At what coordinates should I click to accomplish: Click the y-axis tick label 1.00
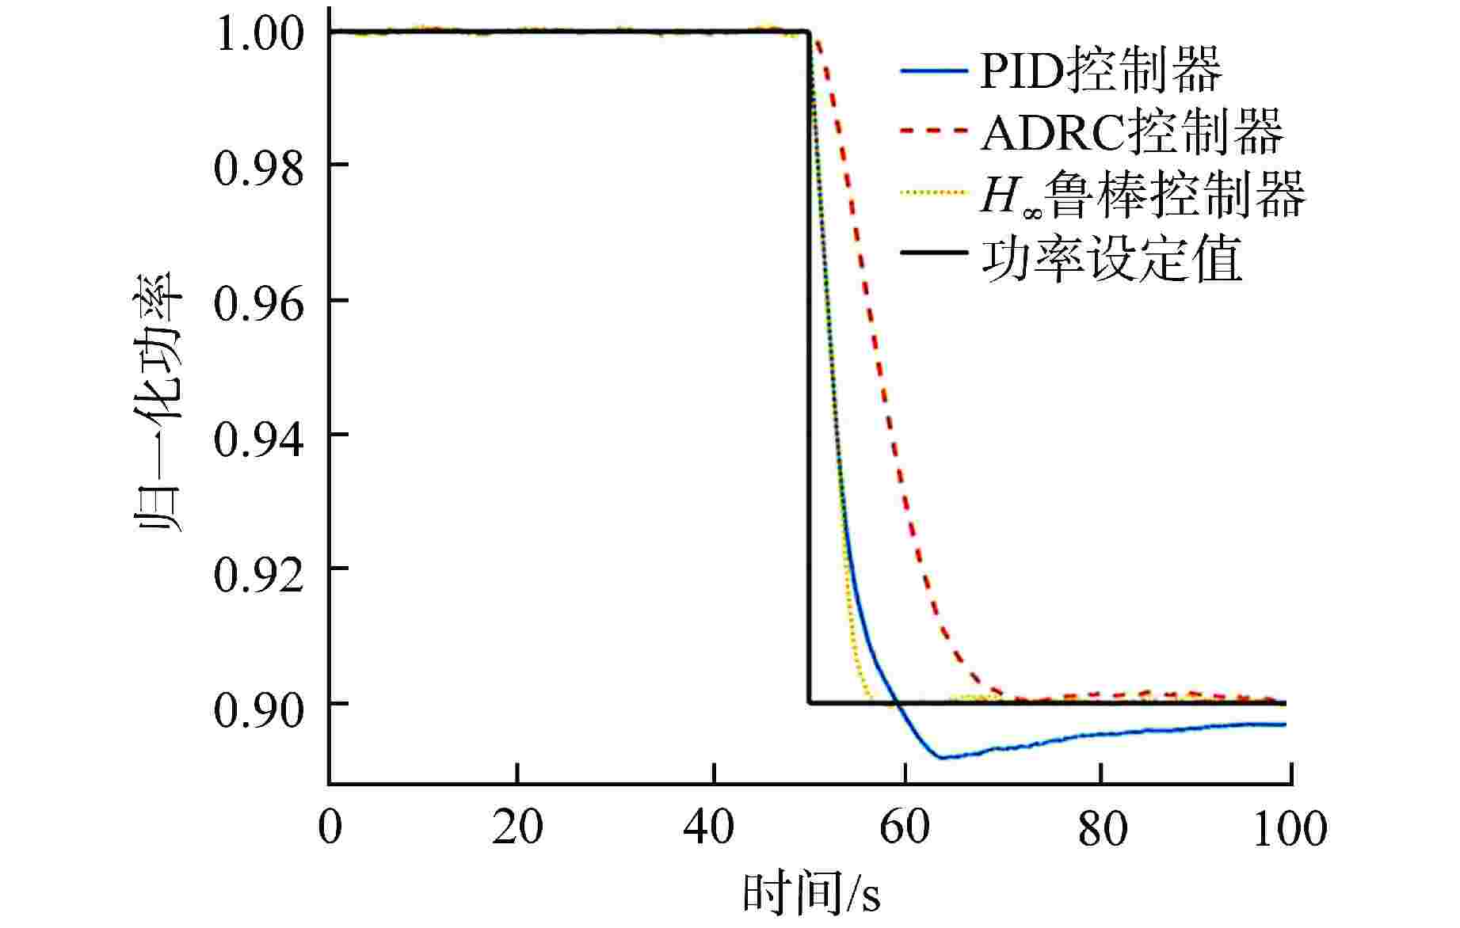[258, 35]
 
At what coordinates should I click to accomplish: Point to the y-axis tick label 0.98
[258, 168]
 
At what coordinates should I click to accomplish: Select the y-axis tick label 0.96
[258, 303]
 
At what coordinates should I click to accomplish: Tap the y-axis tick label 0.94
[258, 438]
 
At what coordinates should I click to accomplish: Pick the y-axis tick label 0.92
[258, 572]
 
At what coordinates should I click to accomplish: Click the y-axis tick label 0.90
[258, 708]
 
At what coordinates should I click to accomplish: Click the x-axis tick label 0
[330, 827]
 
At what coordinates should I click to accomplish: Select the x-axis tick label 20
[517, 827]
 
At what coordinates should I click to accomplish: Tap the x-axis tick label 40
[710, 827]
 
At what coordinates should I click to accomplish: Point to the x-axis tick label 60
[904, 827]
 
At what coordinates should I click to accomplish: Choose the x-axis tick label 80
[1102, 827]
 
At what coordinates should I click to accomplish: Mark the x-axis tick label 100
[1289, 827]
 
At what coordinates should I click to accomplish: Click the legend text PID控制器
[1100, 70]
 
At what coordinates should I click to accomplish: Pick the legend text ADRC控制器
[1132, 132]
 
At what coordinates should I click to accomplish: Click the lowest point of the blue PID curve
[941, 758]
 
